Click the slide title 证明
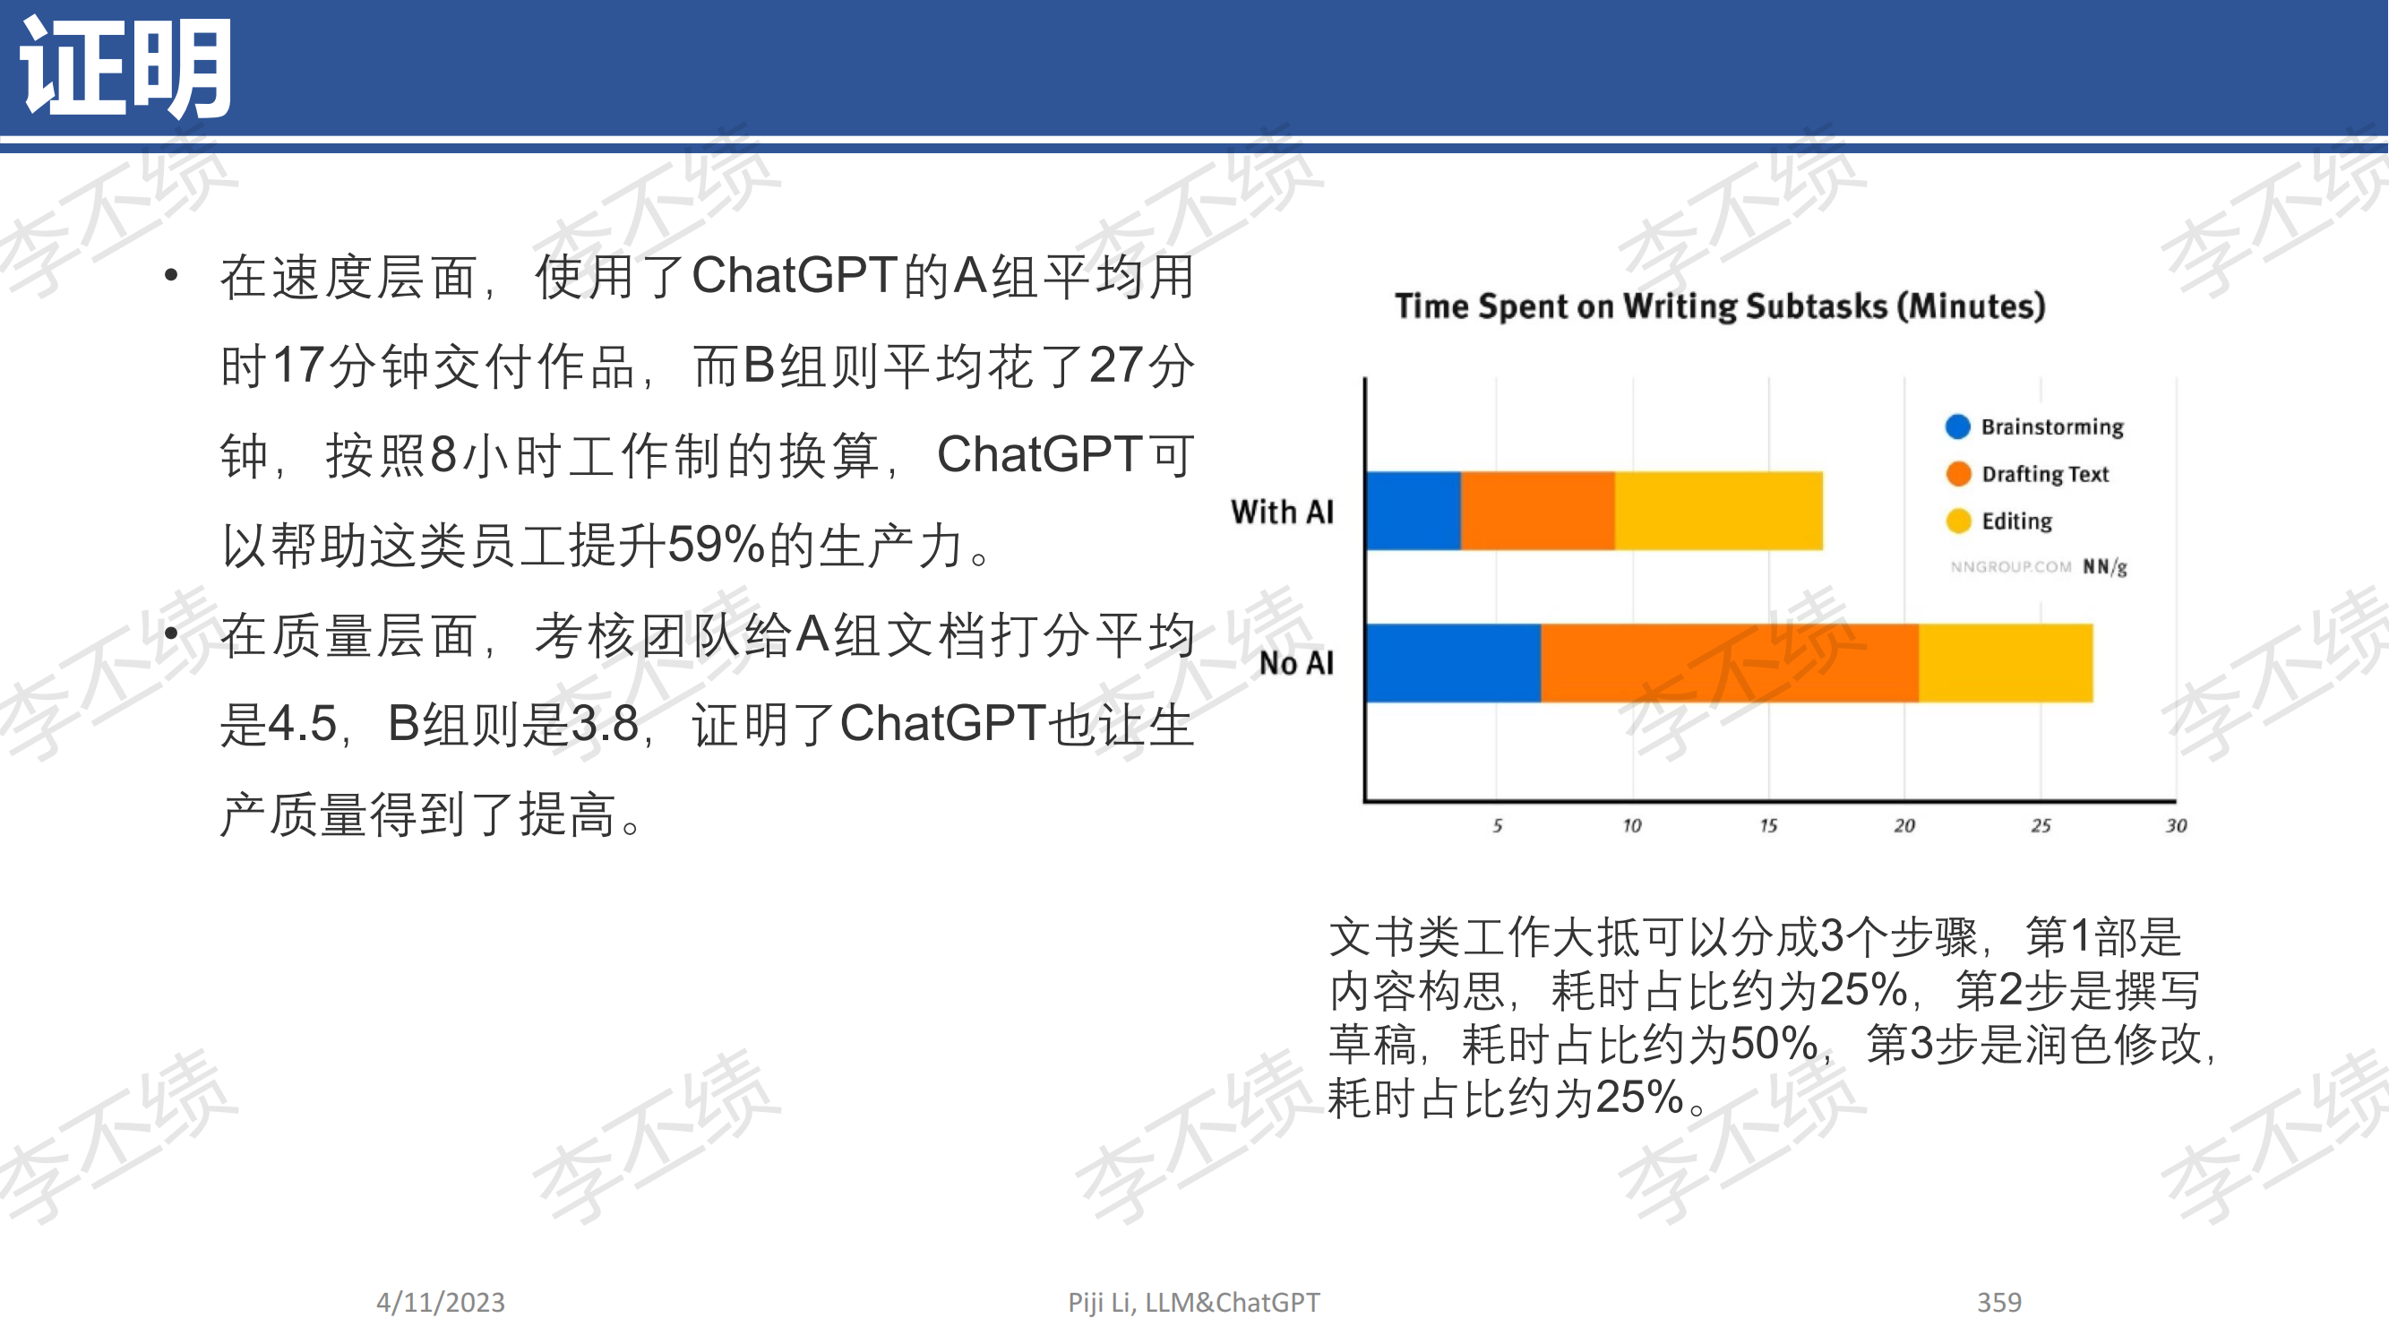pyautogui.click(x=126, y=68)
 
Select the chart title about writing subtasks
pyautogui.click(x=1721, y=306)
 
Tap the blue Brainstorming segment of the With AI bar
pyautogui.click(x=1414, y=511)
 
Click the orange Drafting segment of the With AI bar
pyautogui.click(x=1538, y=511)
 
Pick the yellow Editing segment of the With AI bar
pyautogui.click(x=1718, y=511)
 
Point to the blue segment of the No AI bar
pyautogui.click(x=1454, y=663)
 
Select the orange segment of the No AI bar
pyautogui.click(x=1730, y=663)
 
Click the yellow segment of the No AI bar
pyautogui.click(x=2006, y=663)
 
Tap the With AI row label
pyautogui.click(x=1283, y=511)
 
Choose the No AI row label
pyautogui.click(x=1296, y=663)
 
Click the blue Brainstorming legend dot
pyautogui.click(x=1958, y=426)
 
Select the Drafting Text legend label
pyautogui.click(x=2045, y=474)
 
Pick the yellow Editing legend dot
pyautogui.click(x=1958, y=521)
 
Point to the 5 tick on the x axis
pyautogui.click(x=1497, y=825)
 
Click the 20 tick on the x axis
pyautogui.click(x=1904, y=825)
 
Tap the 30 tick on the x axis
pyautogui.click(x=2176, y=825)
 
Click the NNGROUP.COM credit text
pyautogui.click(x=2010, y=567)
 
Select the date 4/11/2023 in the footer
pyautogui.click(x=441, y=1302)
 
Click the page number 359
pyautogui.click(x=1998, y=1302)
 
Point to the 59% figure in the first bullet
pyautogui.click(x=716, y=545)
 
